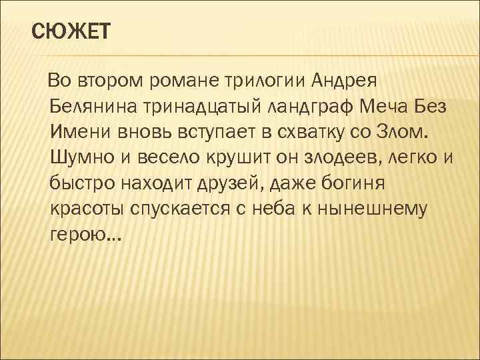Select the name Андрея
coord(345,81)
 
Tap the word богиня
coord(366,182)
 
